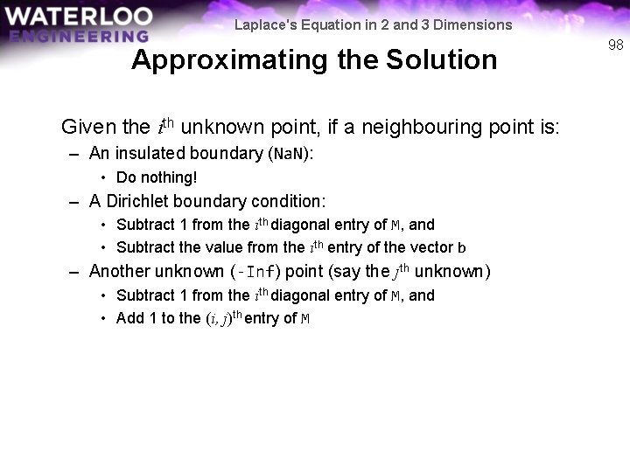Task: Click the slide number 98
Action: click(x=615, y=45)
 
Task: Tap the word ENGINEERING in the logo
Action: click(x=80, y=36)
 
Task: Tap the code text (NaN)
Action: click(x=290, y=154)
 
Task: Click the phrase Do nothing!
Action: click(x=157, y=177)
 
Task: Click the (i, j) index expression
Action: click(x=218, y=319)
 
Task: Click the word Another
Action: click(x=119, y=271)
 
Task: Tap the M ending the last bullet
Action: click(x=305, y=319)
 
